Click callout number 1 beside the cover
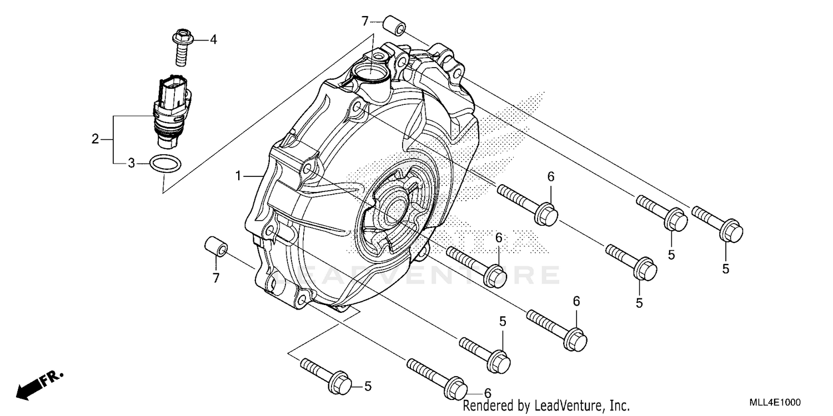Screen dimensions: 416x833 click(238, 176)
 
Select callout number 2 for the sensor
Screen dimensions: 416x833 click(95, 139)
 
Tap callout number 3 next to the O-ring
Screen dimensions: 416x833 click(131, 163)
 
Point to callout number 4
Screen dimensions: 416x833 click(213, 39)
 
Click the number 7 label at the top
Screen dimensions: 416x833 click(365, 22)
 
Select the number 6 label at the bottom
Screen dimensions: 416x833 click(487, 392)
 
